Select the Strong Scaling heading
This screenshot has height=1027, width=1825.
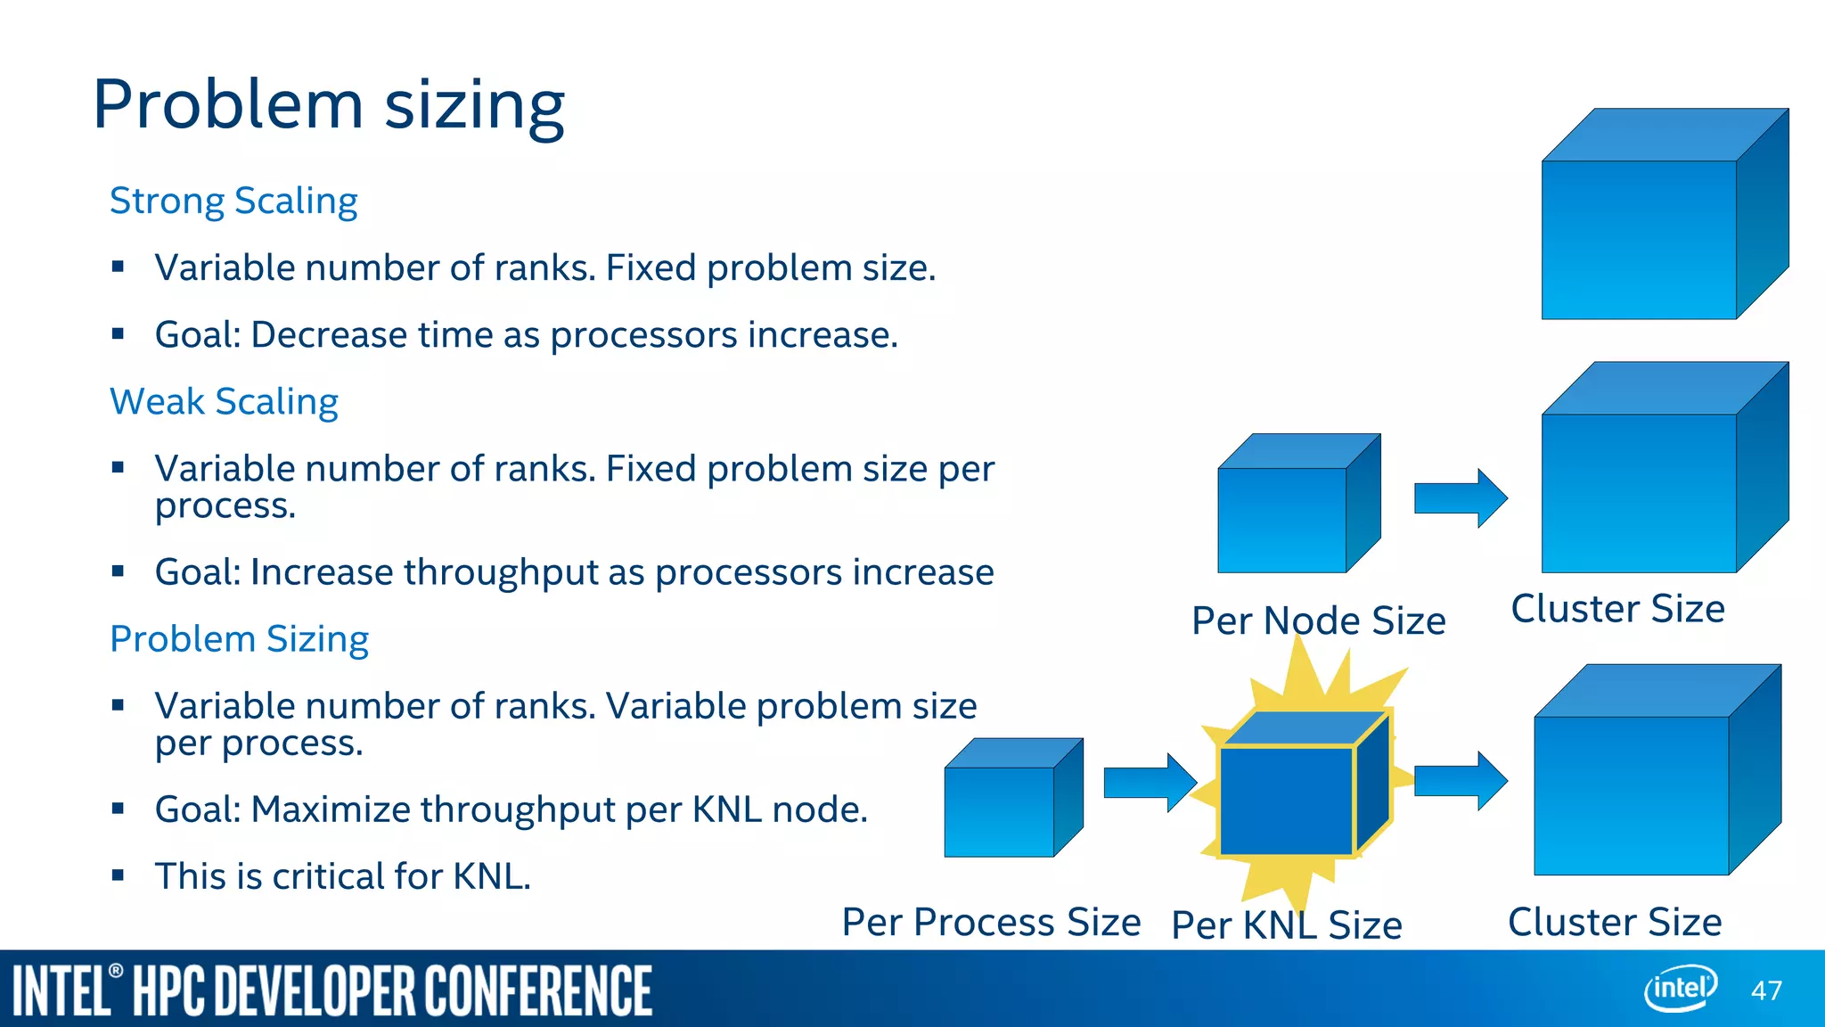click(233, 201)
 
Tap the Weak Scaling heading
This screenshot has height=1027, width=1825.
click(224, 402)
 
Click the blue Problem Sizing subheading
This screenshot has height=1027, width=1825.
click(239, 639)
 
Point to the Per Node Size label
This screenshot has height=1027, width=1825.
click(1318, 620)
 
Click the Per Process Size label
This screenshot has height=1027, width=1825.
click(991, 922)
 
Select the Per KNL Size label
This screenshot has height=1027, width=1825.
click(1286, 925)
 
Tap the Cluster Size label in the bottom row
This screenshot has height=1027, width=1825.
click(1614, 922)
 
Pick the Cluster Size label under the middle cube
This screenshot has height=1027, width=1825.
click(1617, 609)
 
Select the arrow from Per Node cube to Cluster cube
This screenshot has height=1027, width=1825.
click(1460, 497)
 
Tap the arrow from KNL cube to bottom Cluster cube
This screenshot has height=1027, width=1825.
click(1460, 780)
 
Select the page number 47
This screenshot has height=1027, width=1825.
click(1766, 990)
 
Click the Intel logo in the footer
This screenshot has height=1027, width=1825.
click(1680, 988)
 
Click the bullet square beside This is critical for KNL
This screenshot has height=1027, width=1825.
click(118, 875)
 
